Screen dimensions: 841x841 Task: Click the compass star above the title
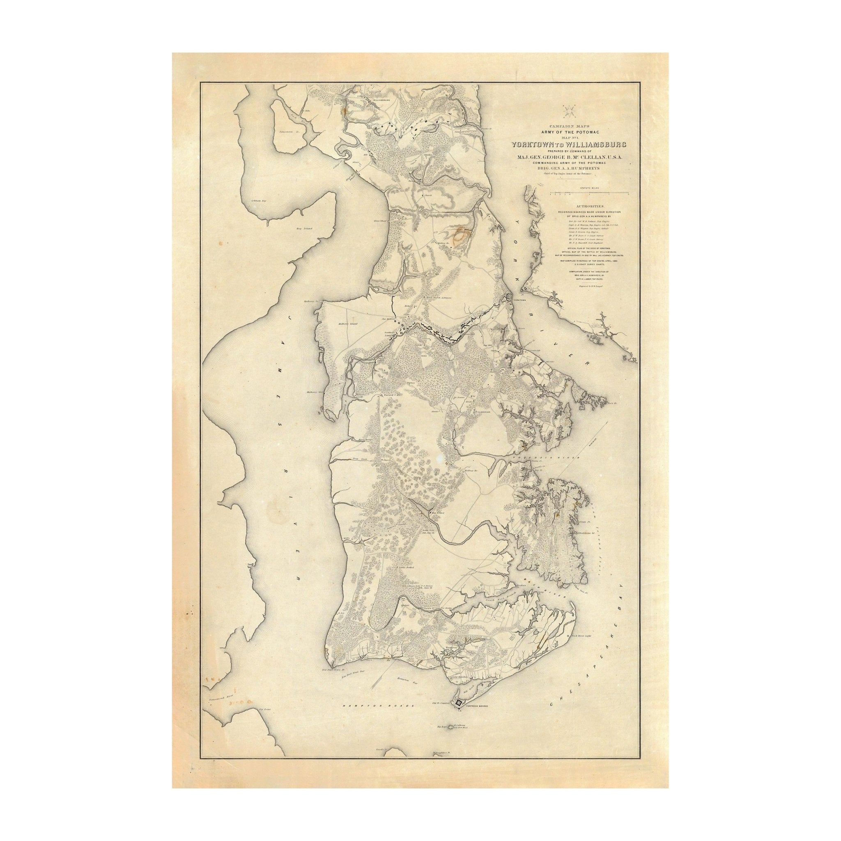(x=568, y=111)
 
